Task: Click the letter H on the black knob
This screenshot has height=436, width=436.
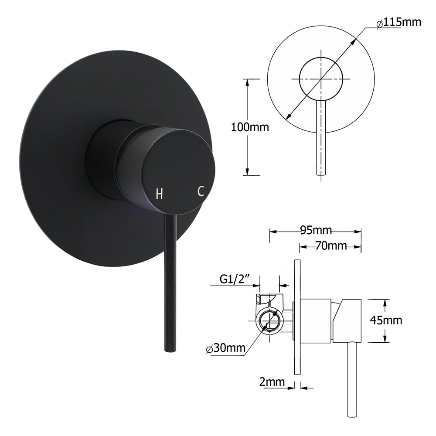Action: [160, 194]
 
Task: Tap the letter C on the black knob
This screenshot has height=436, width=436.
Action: [201, 191]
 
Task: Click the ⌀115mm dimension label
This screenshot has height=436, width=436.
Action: [399, 22]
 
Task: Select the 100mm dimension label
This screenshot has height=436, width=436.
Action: [250, 128]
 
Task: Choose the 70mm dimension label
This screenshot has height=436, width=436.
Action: [331, 246]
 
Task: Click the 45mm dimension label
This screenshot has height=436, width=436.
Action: [386, 320]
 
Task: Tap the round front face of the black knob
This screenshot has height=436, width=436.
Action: [179, 170]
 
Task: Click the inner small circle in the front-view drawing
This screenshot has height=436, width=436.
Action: [321, 79]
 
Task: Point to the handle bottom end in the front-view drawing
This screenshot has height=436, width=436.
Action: [321, 173]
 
